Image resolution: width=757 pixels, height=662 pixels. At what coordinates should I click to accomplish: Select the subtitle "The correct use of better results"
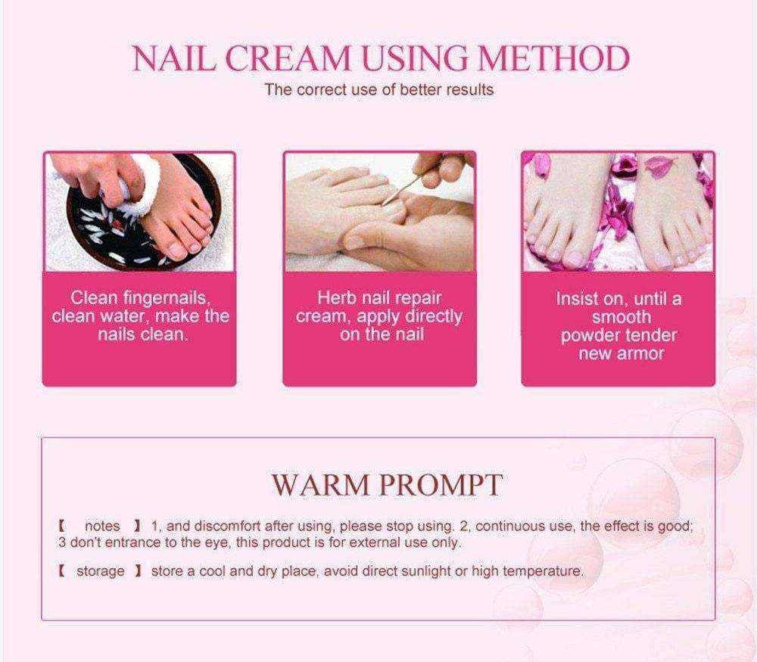(x=379, y=90)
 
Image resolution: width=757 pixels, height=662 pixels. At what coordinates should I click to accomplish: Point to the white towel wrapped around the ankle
(x=138, y=186)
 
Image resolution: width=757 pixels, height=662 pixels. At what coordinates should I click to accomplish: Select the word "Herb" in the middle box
(x=337, y=297)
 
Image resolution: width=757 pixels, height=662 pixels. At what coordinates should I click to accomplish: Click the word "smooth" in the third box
(x=621, y=317)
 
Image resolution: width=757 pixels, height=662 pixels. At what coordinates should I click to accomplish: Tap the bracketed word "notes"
(x=102, y=526)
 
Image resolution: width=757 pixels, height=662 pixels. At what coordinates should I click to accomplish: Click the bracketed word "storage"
(x=101, y=571)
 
